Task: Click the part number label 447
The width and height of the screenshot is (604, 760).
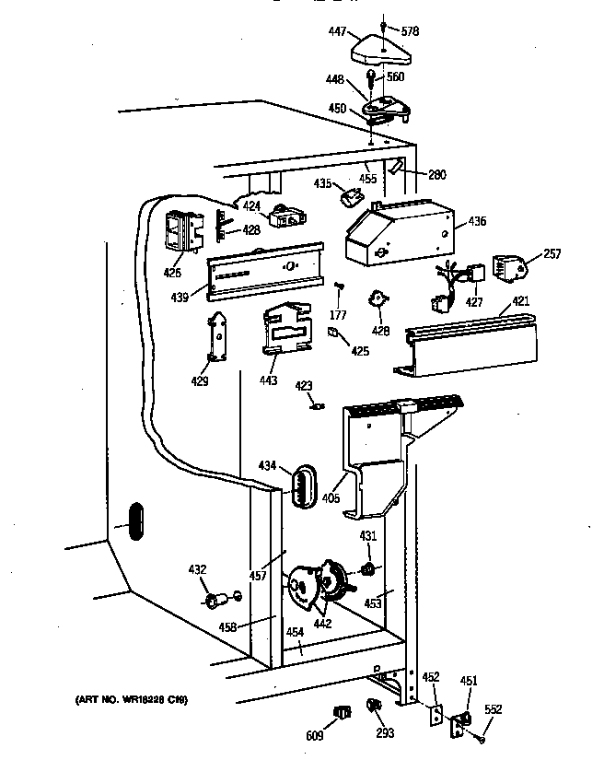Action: tap(337, 32)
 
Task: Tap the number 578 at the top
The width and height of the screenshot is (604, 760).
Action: tap(411, 31)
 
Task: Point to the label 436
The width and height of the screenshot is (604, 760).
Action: tap(477, 221)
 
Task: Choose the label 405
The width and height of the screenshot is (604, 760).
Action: tap(331, 498)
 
